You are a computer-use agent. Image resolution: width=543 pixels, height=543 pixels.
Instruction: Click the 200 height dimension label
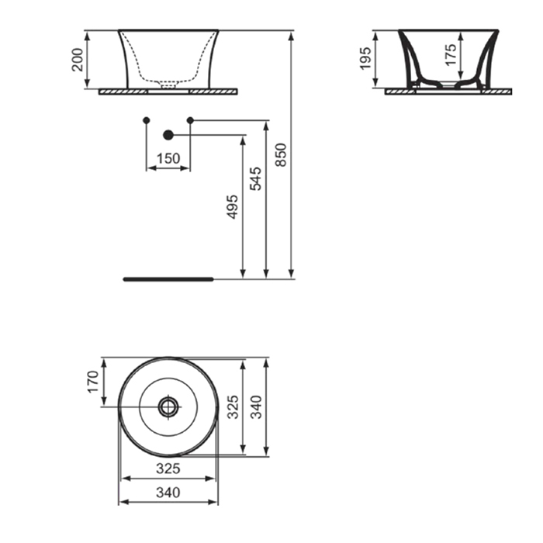click(78, 60)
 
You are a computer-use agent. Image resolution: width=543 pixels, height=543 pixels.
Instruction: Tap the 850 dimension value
click(281, 155)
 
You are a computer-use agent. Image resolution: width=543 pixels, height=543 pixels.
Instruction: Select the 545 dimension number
click(256, 178)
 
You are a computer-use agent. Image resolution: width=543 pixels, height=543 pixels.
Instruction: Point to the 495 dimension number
click(233, 207)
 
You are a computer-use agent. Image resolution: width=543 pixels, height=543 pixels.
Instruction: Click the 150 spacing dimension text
click(168, 158)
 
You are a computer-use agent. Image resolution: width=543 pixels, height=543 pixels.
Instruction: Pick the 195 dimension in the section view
click(365, 58)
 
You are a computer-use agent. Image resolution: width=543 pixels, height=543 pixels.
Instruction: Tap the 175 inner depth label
click(451, 54)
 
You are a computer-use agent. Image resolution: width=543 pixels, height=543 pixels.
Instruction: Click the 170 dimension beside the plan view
click(93, 382)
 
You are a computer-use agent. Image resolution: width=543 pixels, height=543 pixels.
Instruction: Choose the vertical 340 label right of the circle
click(256, 407)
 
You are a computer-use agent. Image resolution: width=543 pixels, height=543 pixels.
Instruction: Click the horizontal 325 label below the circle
click(168, 469)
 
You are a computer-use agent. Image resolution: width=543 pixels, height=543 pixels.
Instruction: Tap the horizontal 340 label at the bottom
click(168, 492)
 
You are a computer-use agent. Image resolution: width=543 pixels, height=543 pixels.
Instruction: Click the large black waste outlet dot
click(168, 135)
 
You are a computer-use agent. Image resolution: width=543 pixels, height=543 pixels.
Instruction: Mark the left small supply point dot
click(147, 120)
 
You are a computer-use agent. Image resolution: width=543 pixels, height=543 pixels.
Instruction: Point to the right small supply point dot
click(190, 120)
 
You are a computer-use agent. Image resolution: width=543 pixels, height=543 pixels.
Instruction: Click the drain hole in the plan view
click(168, 407)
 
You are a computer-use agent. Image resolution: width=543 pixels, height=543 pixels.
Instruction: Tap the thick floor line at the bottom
click(168, 279)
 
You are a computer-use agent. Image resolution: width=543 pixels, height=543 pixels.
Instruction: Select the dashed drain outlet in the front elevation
click(168, 84)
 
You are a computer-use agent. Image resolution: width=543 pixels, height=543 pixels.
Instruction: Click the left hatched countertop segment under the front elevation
click(123, 92)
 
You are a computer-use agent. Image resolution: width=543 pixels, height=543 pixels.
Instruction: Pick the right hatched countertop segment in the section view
click(496, 92)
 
